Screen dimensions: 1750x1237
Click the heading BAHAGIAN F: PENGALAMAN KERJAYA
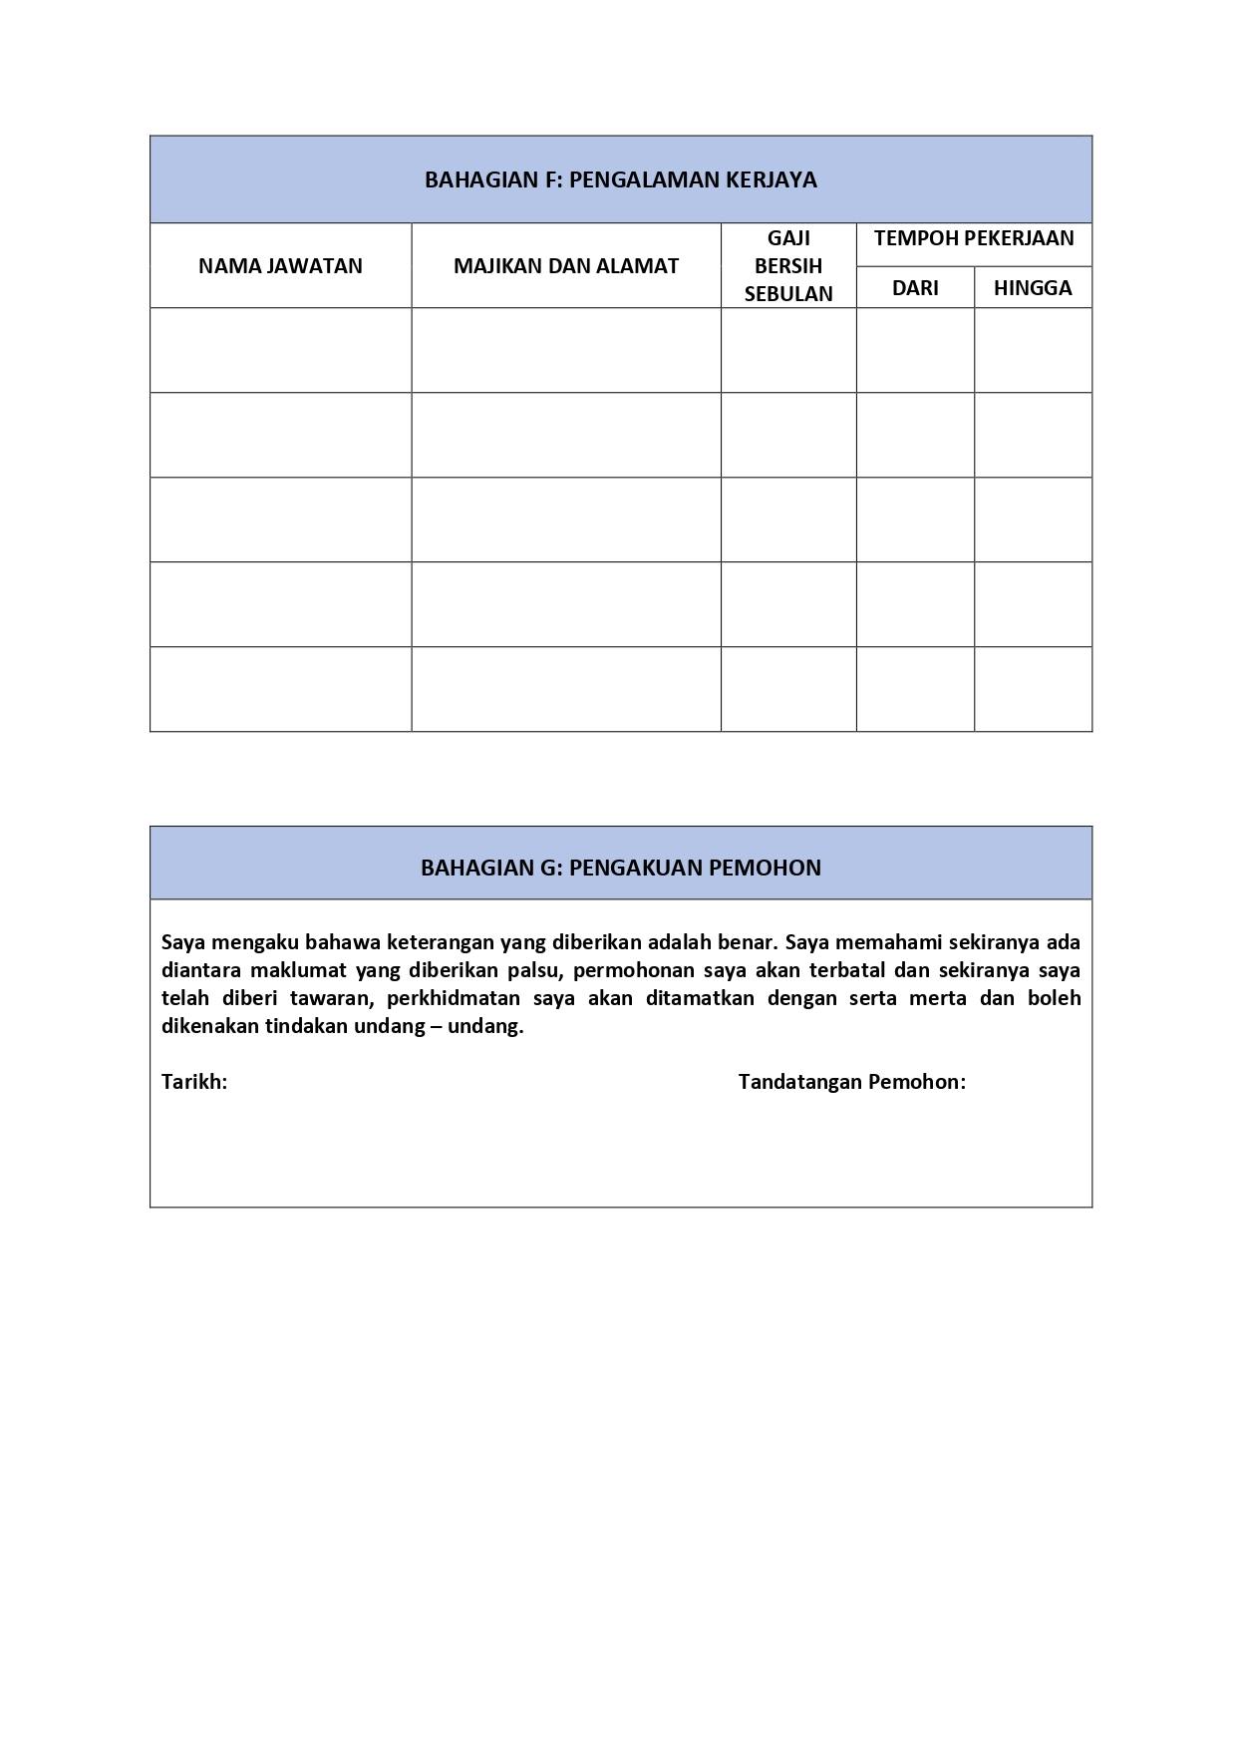tap(620, 179)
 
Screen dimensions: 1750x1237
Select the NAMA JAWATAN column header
tap(280, 266)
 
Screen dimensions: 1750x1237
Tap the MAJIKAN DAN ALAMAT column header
tap(565, 266)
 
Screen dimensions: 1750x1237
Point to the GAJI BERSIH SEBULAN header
tap(787, 266)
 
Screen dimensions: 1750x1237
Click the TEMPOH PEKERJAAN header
tap(973, 238)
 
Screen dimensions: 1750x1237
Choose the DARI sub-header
tap(914, 288)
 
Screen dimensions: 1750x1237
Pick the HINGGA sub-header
tap(1032, 288)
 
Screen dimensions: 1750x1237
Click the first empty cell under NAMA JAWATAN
tap(280, 350)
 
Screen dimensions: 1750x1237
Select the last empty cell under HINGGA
tap(1032, 689)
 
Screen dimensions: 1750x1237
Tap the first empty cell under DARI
tap(914, 350)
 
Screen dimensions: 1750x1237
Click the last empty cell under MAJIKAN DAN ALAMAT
tap(565, 689)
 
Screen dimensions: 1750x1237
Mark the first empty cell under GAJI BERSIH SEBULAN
tap(787, 350)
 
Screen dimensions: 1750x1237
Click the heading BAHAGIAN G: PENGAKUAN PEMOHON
tap(620, 868)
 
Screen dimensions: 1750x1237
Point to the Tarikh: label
tap(194, 1082)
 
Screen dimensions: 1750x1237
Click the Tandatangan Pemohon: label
tap(851, 1082)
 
